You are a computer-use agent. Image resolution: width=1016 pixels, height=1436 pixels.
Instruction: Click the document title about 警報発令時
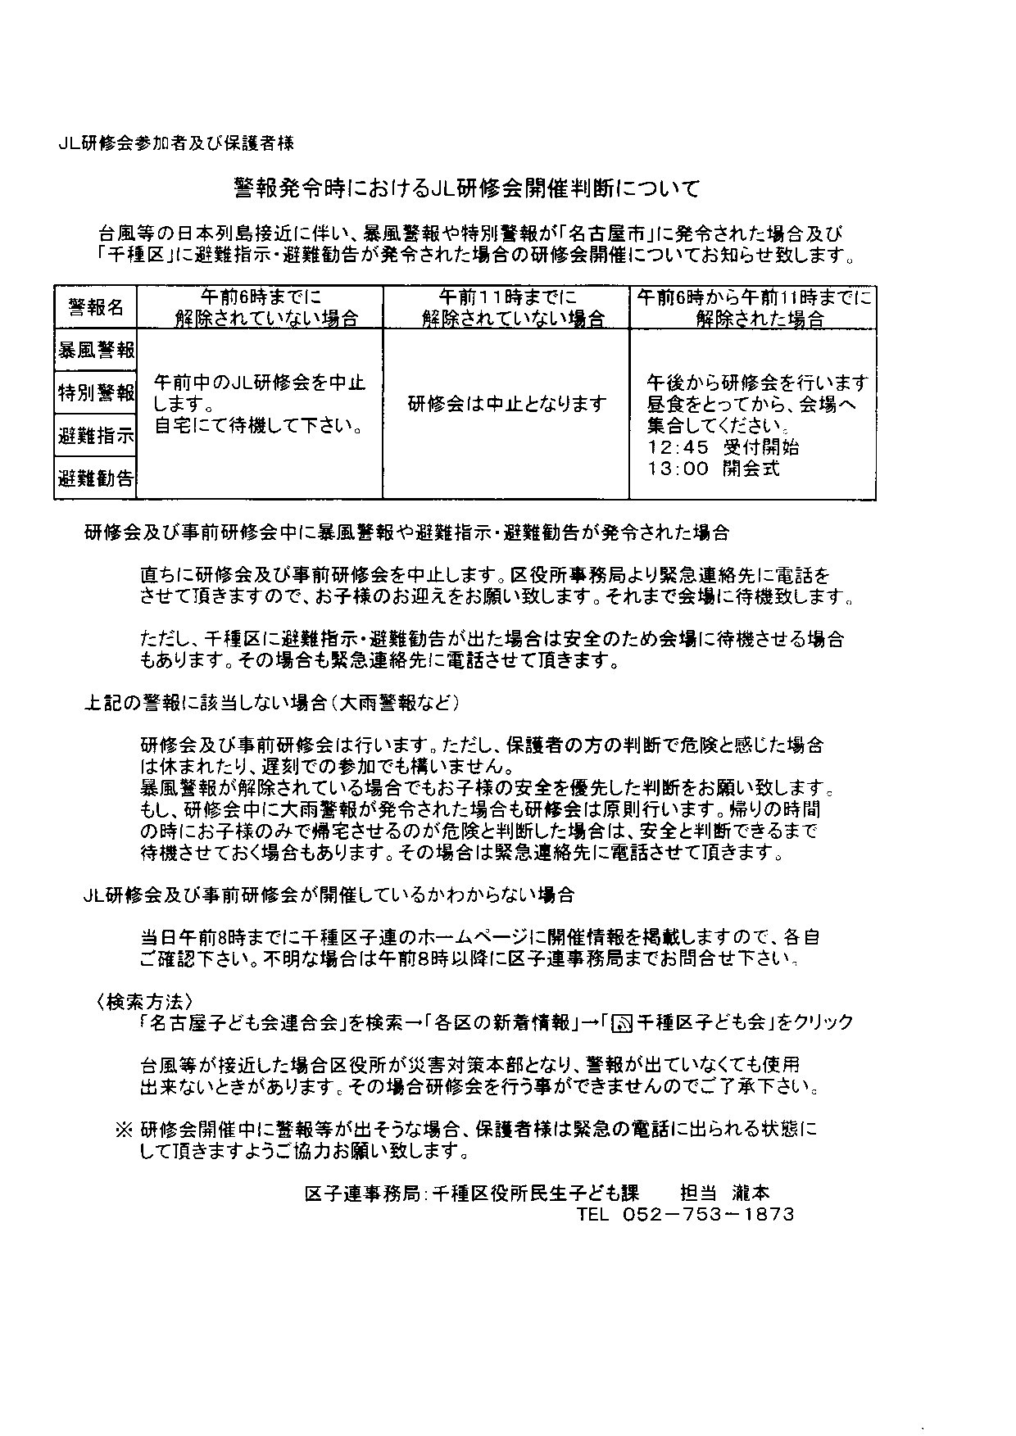tap(467, 190)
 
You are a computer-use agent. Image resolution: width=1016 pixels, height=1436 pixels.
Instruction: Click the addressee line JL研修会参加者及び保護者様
tap(176, 143)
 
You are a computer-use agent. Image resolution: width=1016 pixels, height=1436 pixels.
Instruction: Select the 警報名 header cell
tap(96, 307)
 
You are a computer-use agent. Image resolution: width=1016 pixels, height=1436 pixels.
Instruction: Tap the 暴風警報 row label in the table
tap(96, 350)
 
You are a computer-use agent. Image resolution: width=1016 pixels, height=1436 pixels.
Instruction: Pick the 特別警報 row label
tap(96, 393)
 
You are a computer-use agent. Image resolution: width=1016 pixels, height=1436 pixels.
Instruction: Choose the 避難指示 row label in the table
tap(96, 436)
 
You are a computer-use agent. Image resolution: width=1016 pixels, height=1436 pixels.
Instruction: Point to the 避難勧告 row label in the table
tap(96, 478)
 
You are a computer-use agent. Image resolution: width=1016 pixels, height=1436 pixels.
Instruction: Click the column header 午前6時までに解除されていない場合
tap(261, 307)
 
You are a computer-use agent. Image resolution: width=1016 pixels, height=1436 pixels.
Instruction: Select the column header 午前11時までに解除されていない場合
tap(506, 307)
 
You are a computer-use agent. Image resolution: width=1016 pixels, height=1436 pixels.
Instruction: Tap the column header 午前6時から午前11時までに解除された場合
tap(753, 307)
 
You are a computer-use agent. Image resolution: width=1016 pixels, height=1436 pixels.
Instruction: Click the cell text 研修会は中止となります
tap(507, 404)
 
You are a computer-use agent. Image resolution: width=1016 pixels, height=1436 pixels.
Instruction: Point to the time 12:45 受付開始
tap(723, 447)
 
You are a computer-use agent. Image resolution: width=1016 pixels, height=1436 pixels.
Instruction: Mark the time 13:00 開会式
tap(713, 469)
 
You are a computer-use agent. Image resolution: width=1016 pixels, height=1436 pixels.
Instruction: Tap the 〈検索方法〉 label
tap(144, 1001)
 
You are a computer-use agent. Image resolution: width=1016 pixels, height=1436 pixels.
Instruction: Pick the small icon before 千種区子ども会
tap(622, 1023)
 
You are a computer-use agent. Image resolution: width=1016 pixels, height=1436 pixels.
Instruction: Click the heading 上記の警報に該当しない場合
tap(270, 703)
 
